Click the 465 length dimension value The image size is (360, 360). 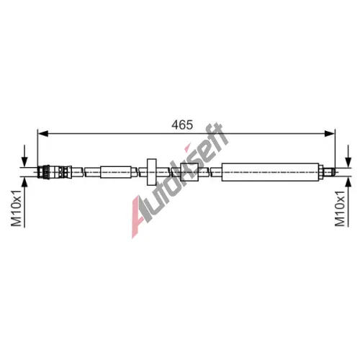point(182,125)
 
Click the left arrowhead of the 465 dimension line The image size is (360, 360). point(43,133)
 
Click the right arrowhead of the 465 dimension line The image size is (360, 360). point(329,133)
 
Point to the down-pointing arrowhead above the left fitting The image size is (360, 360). point(24,162)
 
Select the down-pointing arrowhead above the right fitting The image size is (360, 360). point(348,162)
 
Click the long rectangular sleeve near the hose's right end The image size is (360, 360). point(270,172)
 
